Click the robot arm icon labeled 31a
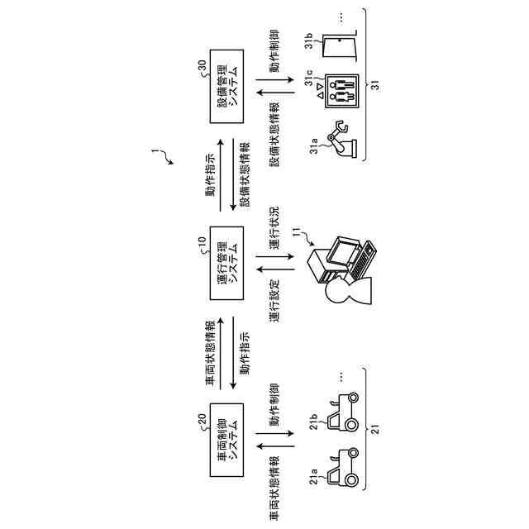(x=343, y=139)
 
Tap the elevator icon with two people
(x=342, y=92)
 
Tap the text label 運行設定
(x=274, y=301)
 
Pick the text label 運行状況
(x=274, y=225)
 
